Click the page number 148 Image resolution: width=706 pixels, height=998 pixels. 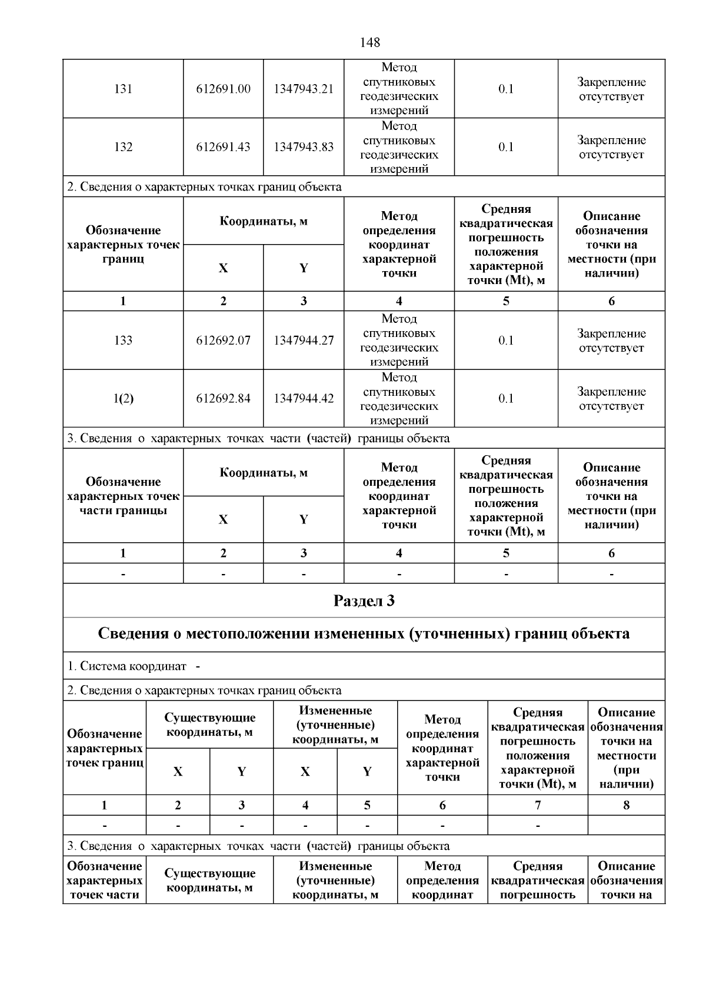pyautogui.click(x=369, y=42)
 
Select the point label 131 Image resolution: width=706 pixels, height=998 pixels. pyautogui.click(x=123, y=89)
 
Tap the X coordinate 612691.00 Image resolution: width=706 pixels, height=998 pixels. pyautogui.click(x=223, y=89)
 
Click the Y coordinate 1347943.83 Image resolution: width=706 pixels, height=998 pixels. pyautogui.click(x=304, y=147)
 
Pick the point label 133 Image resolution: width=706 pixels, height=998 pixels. pyautogui.click(x=123, y=340)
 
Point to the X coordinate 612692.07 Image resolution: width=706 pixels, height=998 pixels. pyautogui.click(x=223, y=340)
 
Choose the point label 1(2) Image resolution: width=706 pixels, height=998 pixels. pyautogui.click(x=123, y=399)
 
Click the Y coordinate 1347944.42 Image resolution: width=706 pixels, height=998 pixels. pyautogui.click(x=304, y=399)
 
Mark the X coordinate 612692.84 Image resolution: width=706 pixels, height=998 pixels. pyautogui.click(x=223, y=399)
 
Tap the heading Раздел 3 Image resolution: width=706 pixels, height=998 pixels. pyautogui.click(x=364, y=600)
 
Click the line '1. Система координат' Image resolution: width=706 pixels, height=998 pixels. pyautogui.click(x=126, y=666)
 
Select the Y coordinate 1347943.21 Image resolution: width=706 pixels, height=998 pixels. pyautogui.click(x=304, y=89)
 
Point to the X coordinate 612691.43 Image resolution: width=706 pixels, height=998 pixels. pyautogui.click(x=223, y=147)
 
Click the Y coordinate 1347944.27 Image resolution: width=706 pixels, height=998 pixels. pyautogui.click(x=304, y=340)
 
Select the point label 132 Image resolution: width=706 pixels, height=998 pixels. pyautogui.click(x=123, y=147)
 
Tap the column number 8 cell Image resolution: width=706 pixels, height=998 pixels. pyautogui.click(x=626, y=805)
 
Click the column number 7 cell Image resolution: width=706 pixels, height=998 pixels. pyautogui.click(x=538, y=805)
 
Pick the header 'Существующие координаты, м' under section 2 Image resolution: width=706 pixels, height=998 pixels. pyautogui.click(x=209, y=725)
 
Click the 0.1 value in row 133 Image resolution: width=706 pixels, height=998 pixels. pyautogui.click(x=506, y=340)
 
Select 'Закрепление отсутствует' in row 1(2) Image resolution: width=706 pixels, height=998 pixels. pyautogui.click(x=611, y=399)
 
